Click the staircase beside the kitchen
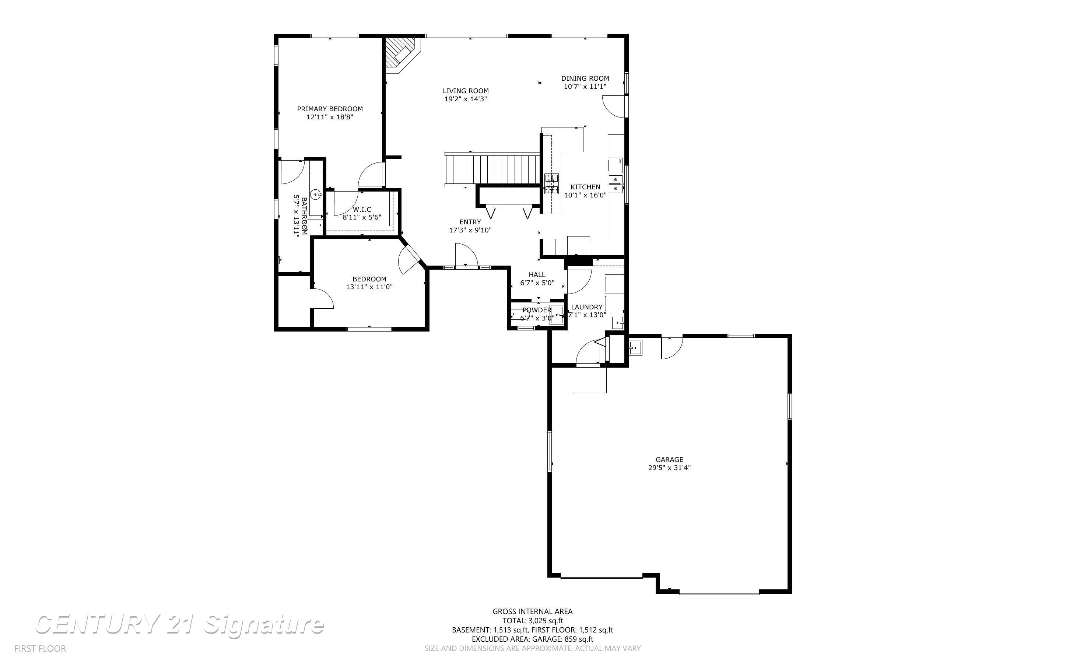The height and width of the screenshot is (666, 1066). (x=492, y=169)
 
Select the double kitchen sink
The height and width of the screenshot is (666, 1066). (x=616, y=184)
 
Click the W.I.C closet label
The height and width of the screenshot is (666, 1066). (x=362, y=210)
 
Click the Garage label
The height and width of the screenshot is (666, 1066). (x=669, y=460)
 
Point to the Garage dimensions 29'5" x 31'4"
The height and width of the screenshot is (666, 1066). (x=669, y=468)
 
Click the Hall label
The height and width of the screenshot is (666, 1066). (x=537, y=275)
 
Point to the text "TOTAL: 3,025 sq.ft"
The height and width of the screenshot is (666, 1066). (x=533, y=621)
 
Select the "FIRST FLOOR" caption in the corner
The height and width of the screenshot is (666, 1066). (x=40, y=648)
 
